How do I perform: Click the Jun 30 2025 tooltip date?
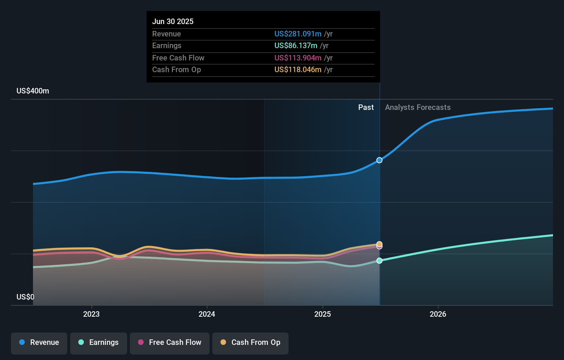coord(173,21)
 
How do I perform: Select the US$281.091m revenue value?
coord(298,34)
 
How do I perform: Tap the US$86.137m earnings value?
coord(296,45)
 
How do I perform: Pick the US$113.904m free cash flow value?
coord(298,58)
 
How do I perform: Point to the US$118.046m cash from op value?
coord(298,69)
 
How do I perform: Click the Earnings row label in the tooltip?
coord(167,45)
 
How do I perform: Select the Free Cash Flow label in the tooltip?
coord(178,58)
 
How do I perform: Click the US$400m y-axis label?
coord(33,91)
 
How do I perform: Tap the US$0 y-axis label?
coord(25,297)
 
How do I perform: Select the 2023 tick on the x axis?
coord(91,314)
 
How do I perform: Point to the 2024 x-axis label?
coord(207,314)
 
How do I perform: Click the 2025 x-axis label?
coord(323,314)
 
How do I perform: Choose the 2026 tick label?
coord(438,314)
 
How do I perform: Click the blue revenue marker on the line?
coord(379,160)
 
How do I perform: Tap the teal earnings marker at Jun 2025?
coord(379,261)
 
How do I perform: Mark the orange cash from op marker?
coord(379,244)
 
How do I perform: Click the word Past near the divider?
coord(366,107)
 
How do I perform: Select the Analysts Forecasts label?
coord(418,107)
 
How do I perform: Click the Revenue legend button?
coord(39,342)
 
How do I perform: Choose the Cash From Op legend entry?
coord(250,342)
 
